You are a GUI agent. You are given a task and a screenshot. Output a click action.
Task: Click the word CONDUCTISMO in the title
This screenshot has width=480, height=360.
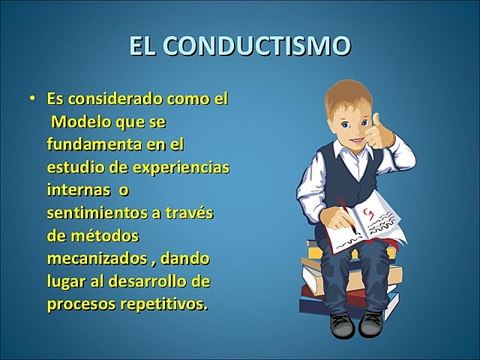click(x=257, y=46)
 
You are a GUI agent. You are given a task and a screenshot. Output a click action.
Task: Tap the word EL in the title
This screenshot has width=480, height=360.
click(x=143, y=46)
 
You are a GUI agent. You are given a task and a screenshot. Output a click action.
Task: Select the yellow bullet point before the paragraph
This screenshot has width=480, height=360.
click(x=32, y=98)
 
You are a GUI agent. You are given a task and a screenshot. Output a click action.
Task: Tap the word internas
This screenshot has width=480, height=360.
click(x=74, y=189)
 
